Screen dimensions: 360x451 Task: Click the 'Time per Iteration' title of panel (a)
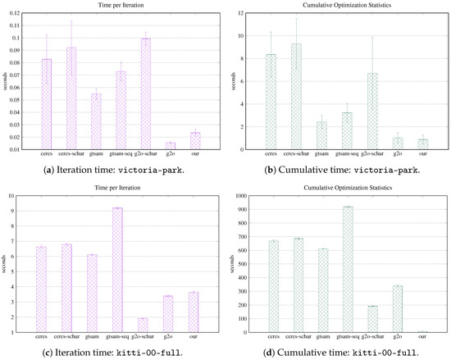(121, 7)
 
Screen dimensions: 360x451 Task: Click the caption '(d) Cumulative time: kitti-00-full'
(338, 353)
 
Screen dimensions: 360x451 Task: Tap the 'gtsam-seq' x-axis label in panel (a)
(121, 156)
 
